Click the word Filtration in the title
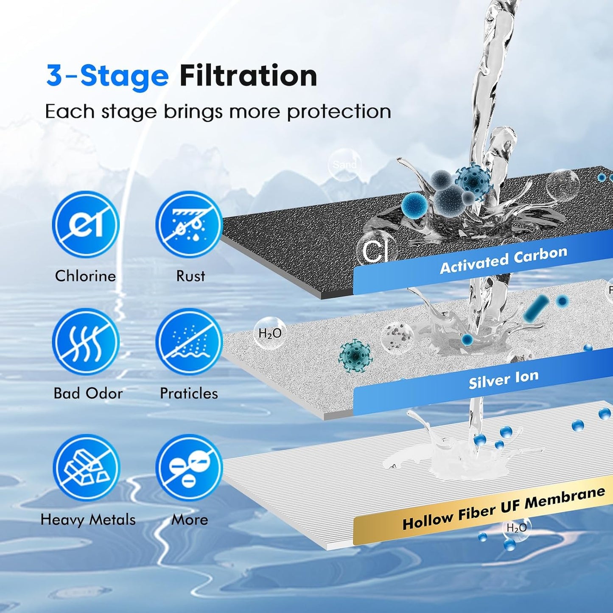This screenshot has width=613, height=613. click(248, 76)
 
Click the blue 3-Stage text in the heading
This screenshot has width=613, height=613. click(107, 76)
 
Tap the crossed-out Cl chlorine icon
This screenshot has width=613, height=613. click(86, 224)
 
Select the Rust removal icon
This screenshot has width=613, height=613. click(189, 224)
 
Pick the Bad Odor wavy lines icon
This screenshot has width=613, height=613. click(86, 342)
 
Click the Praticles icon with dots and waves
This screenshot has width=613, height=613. click(189, 342)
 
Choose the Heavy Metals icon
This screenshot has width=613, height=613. click(86, 467)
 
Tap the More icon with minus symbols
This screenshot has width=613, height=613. click(189, 467)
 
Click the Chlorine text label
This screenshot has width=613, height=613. click(85, 276)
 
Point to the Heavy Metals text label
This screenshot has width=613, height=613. click(88, 520)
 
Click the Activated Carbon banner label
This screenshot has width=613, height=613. click(504, 260)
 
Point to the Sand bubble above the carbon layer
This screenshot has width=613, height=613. click(344, 165)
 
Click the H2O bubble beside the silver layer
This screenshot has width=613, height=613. click(270, 333)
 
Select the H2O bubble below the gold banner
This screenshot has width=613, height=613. click(517, 528)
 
